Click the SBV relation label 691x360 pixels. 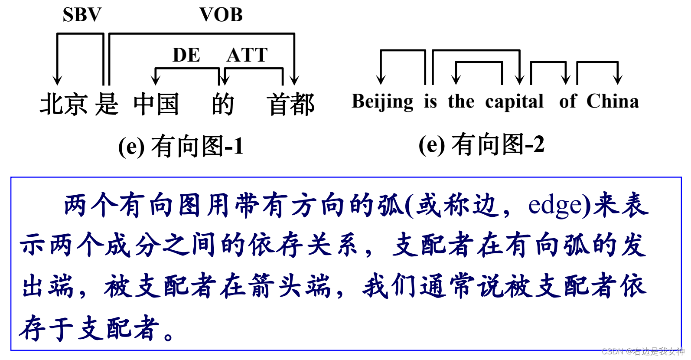coord(82,15)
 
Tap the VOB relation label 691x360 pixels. coord(221,15)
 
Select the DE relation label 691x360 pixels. coord(186,55)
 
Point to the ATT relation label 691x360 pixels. coord(247,55)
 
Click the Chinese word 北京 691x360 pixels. coord(64,105)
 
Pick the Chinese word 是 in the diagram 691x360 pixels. coord(107,105)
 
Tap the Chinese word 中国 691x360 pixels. coord(156,105)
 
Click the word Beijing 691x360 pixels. coord(382,102)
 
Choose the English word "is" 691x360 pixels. coord(430,102)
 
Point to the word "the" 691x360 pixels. coord(461,102)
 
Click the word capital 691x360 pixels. coord(514,102)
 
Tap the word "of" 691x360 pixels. coord(568,102)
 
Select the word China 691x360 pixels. coord(613,102)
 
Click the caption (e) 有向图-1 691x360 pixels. coord(181,146)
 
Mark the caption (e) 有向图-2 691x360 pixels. coord(481,144)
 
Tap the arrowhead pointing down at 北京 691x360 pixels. coord(57,80)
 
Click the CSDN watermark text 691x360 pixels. coord(642,351)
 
